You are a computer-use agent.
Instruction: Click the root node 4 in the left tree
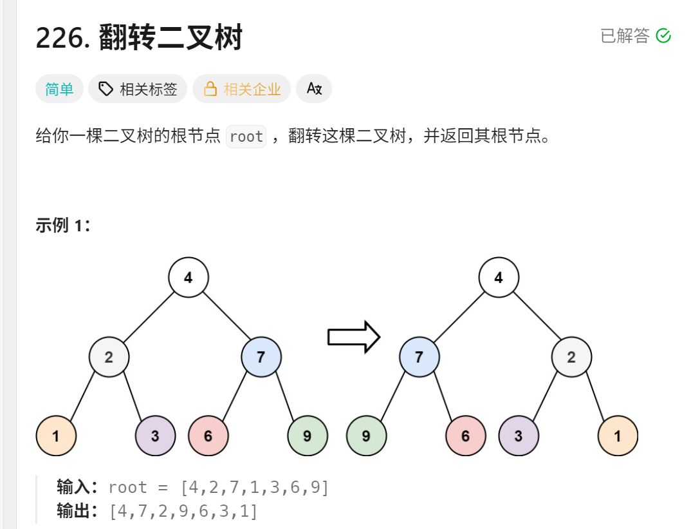(x=189, y=278)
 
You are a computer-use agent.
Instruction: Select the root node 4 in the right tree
(x=499, y=278)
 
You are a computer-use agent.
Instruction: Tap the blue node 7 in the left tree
(x=261, y=357)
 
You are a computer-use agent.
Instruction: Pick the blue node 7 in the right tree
(x=419, y=357)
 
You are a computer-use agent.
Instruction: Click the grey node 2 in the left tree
(x=109, y=357)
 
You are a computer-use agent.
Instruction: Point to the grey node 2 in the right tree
(x=571, y=357)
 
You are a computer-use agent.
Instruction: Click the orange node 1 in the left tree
(x=56, y=436)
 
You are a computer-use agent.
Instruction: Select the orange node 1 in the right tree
(x=618, y=436)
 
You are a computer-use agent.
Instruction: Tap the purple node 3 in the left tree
(x=155, y=436)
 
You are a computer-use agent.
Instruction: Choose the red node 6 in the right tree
(x=466, y=436)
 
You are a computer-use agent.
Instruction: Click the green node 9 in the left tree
(x=307, y=436)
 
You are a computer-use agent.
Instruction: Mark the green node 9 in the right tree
(x=366, y=436)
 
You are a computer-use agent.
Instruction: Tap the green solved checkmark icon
(x=663, y=36)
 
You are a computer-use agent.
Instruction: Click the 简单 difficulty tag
(x=59, y=90)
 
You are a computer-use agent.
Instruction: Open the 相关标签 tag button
(x=138, y=90)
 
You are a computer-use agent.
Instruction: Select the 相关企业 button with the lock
(x=242, y=90)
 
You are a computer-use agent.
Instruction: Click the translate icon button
(x=314, y=90)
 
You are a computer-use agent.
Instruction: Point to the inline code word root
(x=246, y=137)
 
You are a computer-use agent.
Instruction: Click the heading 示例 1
(x=62, y=226)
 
